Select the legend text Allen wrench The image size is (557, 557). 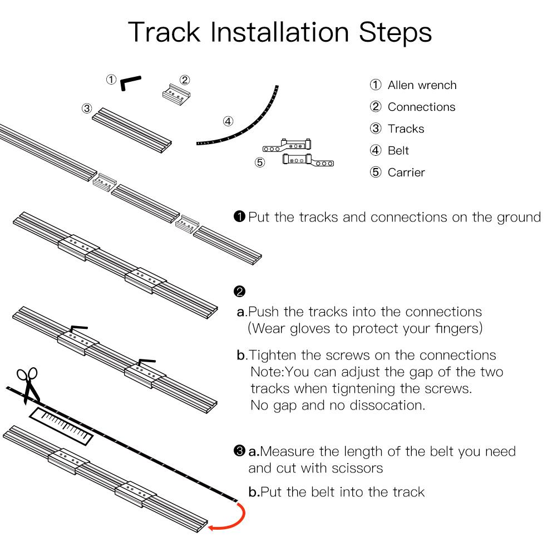(422, 85)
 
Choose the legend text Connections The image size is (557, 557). (421, 107)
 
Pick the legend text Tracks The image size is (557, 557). (406, 129)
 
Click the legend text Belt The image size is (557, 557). (398, 151)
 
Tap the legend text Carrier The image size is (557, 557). (406, 172)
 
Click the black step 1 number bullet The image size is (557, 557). (240, 216)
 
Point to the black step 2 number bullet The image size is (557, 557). (240, 292)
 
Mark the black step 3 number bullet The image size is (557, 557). (240, 451)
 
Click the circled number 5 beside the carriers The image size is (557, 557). (259, 162)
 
